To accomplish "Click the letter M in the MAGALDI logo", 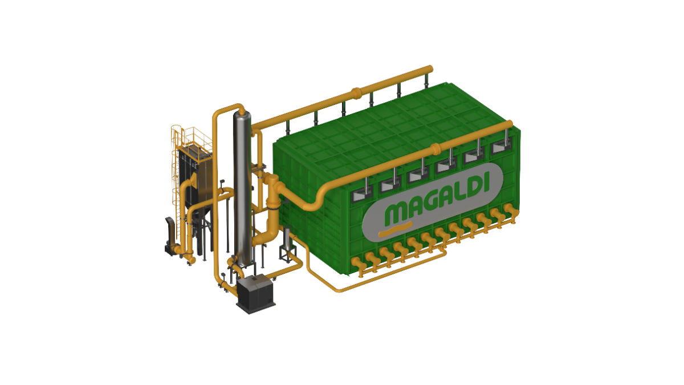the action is tap(398, 213).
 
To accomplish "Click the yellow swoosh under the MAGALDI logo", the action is tap(396, 229).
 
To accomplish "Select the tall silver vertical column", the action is tap(243, 189).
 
